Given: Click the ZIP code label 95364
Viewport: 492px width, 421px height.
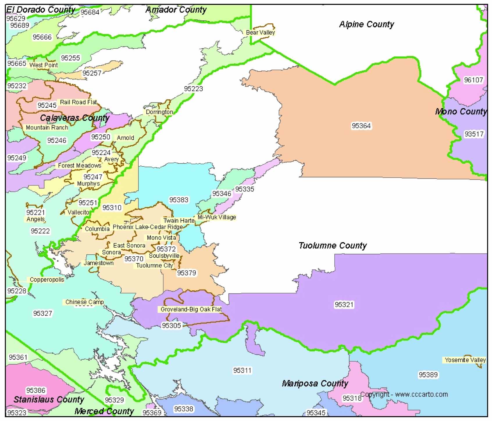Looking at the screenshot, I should pos(361,126).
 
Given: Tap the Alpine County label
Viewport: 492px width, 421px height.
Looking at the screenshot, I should pos(366,24).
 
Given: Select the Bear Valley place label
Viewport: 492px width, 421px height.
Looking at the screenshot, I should pos(260,33).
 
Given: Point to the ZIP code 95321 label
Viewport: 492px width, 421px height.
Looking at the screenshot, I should pos(344,305).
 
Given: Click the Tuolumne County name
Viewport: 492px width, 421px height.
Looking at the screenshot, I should pos(333,246).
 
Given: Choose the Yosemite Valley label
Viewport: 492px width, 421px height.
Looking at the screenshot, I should pos(465,360).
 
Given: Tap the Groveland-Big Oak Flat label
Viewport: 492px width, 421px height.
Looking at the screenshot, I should pos(191,310).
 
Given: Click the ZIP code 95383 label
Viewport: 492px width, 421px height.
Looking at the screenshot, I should pos(179,200).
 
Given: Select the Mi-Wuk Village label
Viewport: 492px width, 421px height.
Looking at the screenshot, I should pos(217,217).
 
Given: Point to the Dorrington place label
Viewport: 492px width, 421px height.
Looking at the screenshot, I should pos(159,112).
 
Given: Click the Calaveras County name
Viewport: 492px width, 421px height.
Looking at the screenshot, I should pos(74,118).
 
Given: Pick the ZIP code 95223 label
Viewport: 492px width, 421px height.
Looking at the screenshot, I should pos(193,89).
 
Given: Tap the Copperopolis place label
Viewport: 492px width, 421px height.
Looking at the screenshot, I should pos(47,280).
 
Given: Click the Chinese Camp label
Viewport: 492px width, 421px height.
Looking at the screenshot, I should pos(84,302).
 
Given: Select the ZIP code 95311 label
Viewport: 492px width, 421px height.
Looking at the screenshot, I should pos(242,370).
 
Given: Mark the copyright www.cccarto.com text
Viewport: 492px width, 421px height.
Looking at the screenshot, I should pos(404,395).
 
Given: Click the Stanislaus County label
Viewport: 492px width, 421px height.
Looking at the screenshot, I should pos(49,400).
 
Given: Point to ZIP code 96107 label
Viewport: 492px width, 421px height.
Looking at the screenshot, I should pos(473,80).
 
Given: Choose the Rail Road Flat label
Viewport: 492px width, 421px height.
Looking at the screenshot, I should pos(78,102).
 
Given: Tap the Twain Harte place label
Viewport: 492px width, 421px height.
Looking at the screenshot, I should pos(179,221).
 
